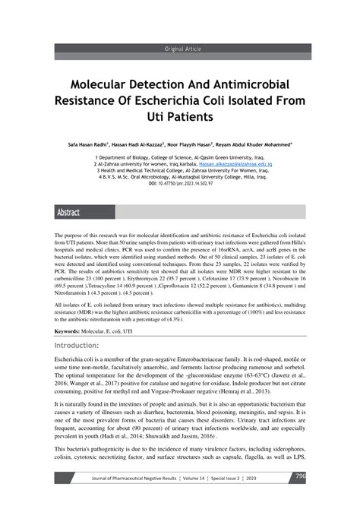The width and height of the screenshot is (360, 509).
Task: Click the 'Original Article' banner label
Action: pyautogui.click(x=180, y=49)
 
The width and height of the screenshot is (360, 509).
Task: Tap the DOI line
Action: pyautogui.click(x=180, y=183)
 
